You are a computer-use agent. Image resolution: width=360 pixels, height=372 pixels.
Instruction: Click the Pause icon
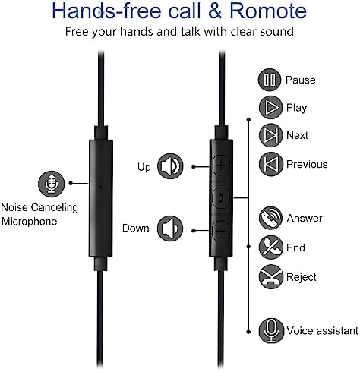270,80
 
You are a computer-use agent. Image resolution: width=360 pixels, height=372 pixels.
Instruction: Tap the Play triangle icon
270,108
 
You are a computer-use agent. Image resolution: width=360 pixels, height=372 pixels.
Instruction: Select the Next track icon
270,135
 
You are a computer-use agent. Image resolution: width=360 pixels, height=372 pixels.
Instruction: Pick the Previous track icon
270,164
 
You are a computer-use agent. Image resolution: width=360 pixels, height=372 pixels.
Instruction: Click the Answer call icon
270,218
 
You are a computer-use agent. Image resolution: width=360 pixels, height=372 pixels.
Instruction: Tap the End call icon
270,247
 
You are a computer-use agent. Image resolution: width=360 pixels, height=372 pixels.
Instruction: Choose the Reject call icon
270,276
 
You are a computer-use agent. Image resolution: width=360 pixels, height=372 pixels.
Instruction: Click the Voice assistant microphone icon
271,331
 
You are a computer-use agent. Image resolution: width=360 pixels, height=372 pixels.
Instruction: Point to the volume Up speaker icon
170,166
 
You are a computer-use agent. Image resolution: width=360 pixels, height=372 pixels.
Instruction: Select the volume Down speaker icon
170,229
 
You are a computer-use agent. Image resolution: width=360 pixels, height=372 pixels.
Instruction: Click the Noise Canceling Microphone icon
52,184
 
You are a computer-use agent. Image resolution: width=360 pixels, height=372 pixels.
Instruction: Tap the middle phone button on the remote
221,197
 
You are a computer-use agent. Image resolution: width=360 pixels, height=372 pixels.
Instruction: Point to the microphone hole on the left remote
101,187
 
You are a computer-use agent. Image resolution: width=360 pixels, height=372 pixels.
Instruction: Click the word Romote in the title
268,11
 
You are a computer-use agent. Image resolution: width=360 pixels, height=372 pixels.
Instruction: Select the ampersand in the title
215,11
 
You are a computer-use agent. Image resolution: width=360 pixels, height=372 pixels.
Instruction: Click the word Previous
307,165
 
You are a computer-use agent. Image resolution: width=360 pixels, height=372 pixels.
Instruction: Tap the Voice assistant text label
323,331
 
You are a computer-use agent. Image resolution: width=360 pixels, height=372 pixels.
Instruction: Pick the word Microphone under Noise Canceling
30,222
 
